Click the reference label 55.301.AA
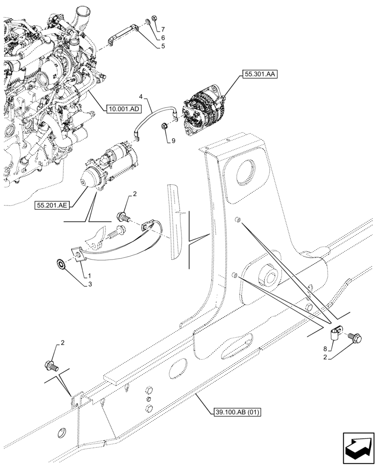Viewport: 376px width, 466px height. [x=259, y=74]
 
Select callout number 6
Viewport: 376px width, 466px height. [x=162, y=37]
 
